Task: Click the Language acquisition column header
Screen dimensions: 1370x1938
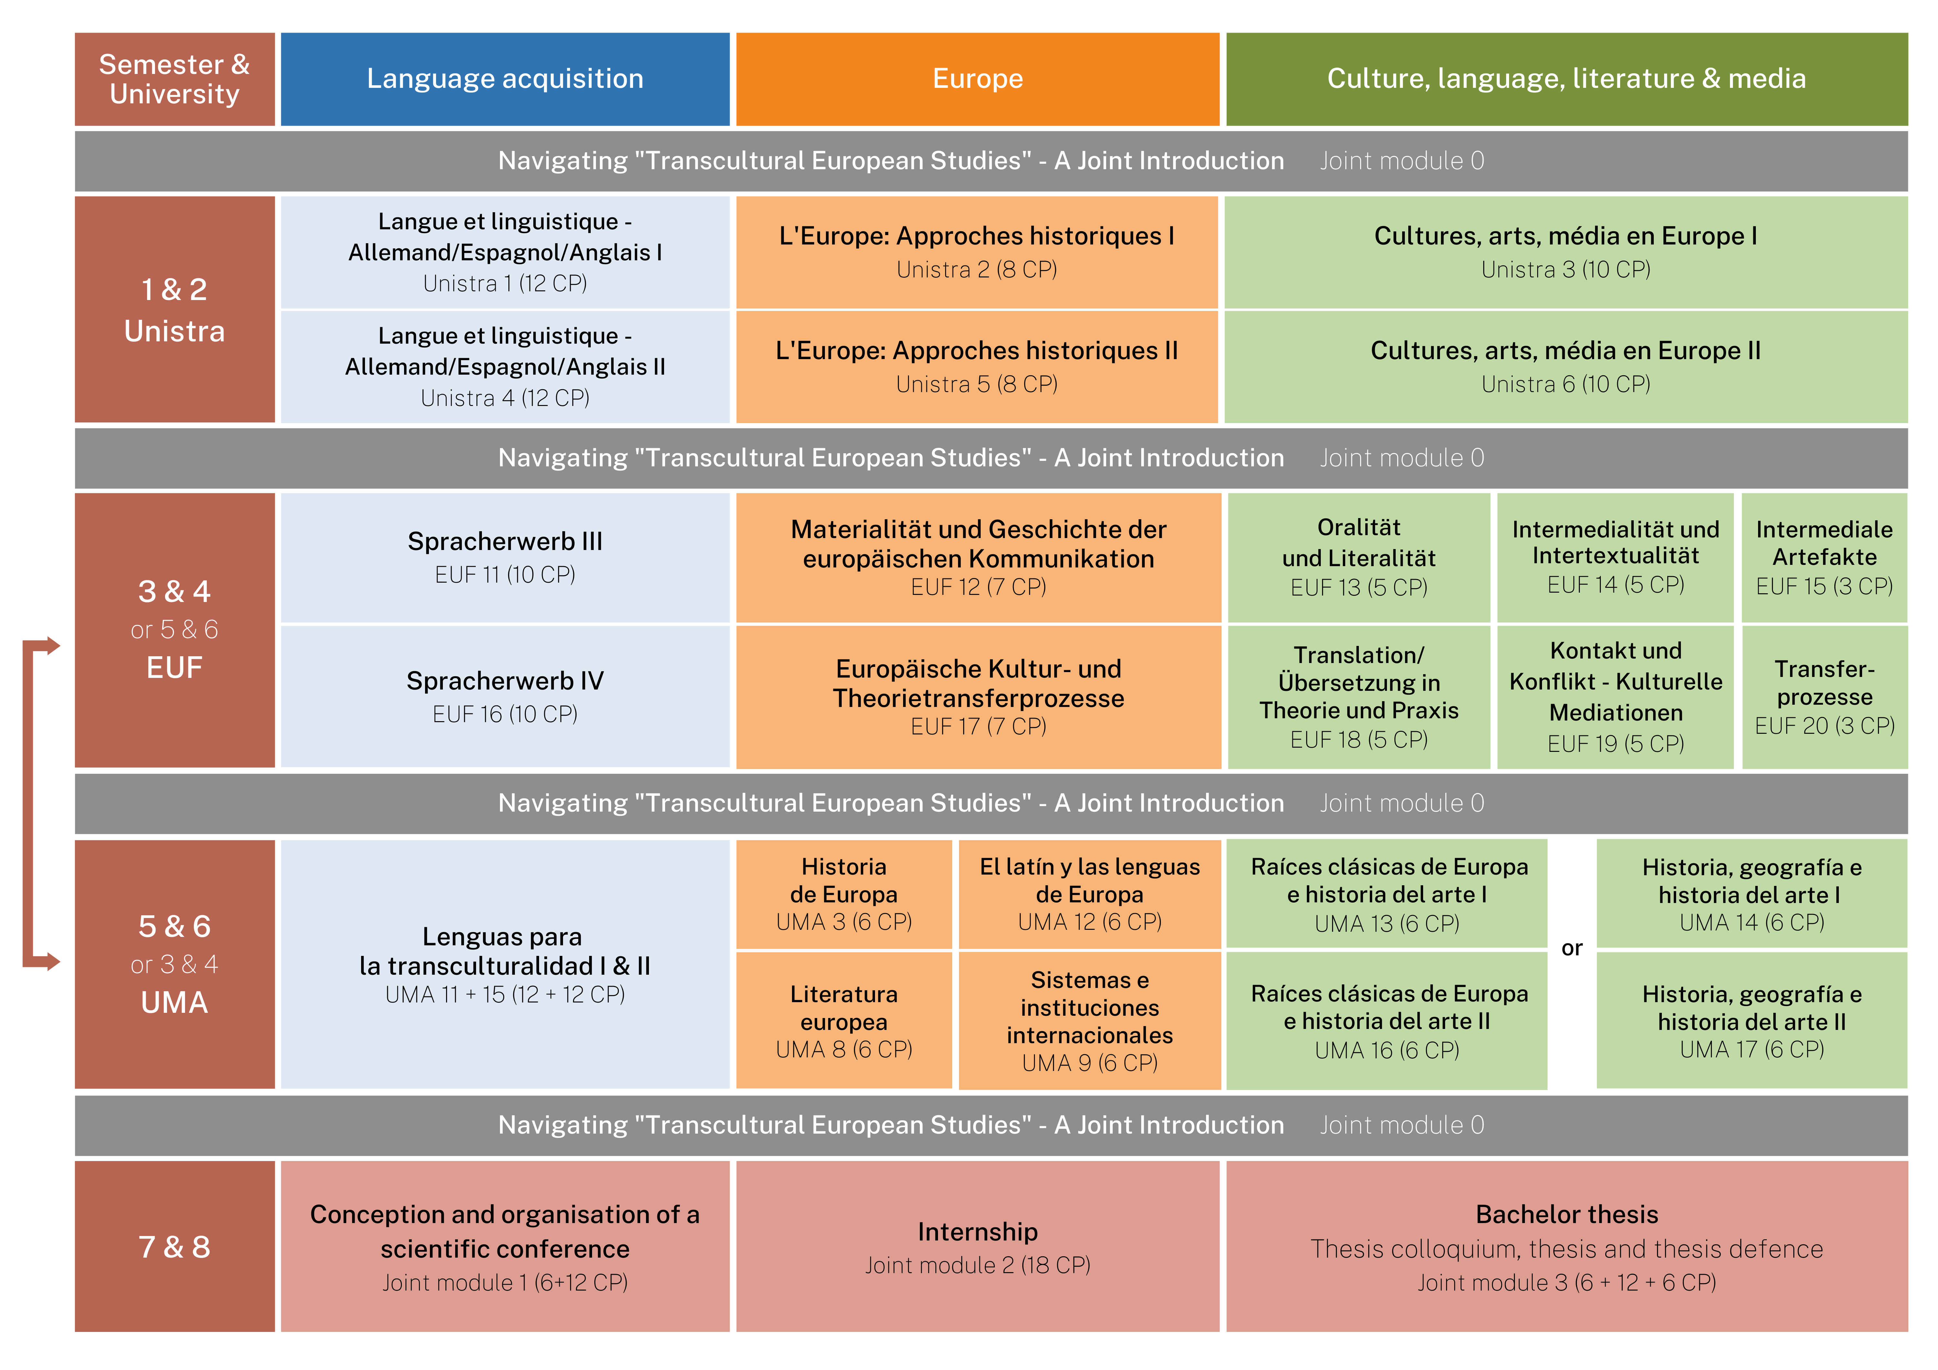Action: (505, 78)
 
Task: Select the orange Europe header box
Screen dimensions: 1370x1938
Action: (977, 78)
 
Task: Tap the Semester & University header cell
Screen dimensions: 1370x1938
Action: (175, 78)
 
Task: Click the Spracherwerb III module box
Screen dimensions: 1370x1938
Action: (505, 557)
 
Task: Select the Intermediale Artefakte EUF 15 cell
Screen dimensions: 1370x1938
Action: (1824, 557)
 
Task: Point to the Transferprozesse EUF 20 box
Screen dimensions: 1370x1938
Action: (1824, 696)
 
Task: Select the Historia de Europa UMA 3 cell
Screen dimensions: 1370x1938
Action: (843, 894)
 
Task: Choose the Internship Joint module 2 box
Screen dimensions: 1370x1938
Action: (977, 1247)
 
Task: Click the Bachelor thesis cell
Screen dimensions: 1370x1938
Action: (1566, 1247)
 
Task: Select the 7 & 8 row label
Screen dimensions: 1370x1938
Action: (175, 1247)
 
